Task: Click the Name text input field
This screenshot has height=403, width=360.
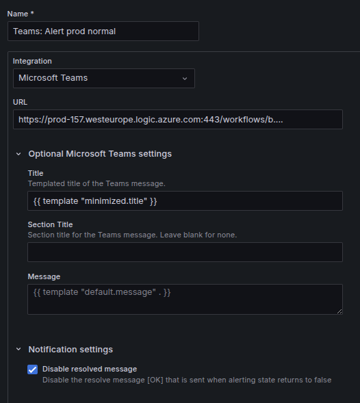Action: tap(103, 31)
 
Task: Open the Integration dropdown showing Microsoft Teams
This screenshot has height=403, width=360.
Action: tap(104, 78)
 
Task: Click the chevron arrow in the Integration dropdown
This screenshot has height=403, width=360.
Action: tap(185, 79)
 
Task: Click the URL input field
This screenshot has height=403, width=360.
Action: tap(178, 120)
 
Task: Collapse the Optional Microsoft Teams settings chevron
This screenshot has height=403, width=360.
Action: tap(18, 154)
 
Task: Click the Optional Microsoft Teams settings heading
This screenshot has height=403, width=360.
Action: tap(100, 154)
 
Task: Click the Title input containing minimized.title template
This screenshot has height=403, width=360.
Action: tap(185, 200)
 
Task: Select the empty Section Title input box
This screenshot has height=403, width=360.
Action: tap(185, 252)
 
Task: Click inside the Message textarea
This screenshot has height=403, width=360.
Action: tap(185, 299)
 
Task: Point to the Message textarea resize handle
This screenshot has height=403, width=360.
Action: tap(339, 311)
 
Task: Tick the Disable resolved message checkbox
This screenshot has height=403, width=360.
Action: tap(33, 369)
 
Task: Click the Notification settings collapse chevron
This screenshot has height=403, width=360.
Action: tap(18, 349)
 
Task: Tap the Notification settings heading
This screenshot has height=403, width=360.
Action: tap(70, 349)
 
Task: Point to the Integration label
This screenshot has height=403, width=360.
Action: tap(32, 61)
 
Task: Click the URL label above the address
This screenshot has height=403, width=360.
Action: tap(20, 102)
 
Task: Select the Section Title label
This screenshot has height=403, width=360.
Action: tap(50, 224)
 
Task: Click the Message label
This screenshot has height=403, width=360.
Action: tap(44, 276)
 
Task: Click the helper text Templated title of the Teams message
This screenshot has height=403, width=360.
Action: tap(97, 183)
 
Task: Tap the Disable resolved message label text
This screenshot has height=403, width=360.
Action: tap(90, 369)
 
